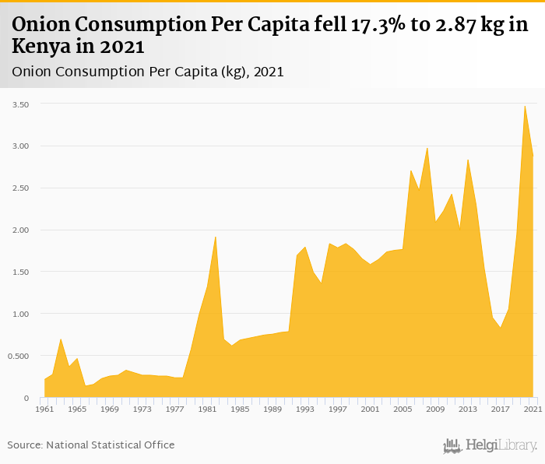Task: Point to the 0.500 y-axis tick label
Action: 17,357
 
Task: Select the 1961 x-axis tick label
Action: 44,409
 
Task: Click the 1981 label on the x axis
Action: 207,409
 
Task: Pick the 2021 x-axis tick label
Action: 533,409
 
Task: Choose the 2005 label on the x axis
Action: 403,409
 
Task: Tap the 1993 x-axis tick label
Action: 305,409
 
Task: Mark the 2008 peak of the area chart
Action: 427,147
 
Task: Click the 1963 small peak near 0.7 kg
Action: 61,339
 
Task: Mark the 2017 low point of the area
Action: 500,327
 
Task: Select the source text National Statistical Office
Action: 110,445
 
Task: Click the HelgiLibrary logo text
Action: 500,445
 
